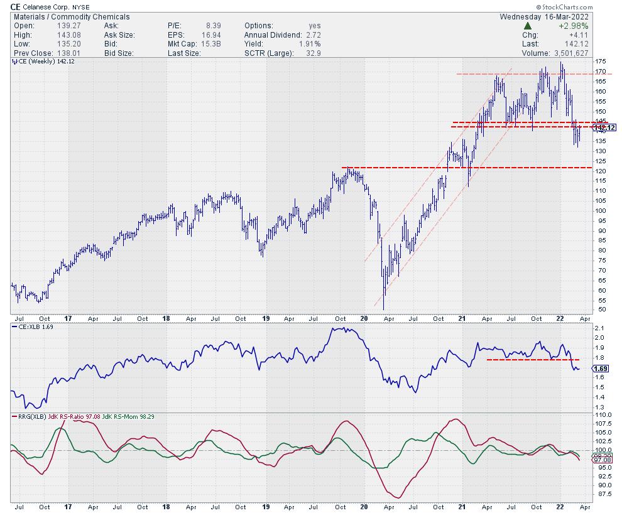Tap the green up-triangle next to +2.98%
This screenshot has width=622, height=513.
pyautogui.click(x=527, y=26)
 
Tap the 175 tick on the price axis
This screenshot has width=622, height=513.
pyautogui.click(x=600, y=61)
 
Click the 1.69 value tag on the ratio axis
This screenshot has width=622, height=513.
pyautogui.click(x=601, y=369)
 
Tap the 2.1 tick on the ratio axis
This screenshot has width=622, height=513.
pyautogui.click(x=599, y=328)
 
